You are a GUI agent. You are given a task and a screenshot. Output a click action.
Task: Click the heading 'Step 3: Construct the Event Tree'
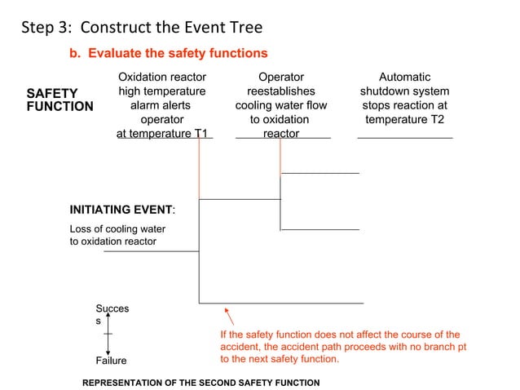coord(142,28)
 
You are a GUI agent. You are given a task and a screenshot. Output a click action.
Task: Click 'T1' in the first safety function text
coord(201,133)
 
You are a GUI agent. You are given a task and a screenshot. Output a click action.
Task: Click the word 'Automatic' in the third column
coord(405,78)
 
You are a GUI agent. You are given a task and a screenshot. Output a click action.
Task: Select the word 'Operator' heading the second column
coord(281,78)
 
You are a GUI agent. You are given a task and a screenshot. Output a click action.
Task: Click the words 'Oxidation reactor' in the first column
coord(162,78)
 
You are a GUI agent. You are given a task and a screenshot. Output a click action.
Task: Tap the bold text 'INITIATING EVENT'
coord(121,210)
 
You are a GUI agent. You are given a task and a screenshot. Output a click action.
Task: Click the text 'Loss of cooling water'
coord(117,229)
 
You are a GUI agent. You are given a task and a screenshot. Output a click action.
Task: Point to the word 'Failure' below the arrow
coord(112,361)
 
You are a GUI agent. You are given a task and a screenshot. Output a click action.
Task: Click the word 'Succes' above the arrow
coord(112,309)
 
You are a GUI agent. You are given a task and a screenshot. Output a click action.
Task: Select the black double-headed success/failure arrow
coord(108,335)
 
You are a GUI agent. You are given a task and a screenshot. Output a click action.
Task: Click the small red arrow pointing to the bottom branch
coord(229,316)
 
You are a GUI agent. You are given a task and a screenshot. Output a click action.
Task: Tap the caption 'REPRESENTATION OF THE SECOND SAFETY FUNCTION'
coord(202,383)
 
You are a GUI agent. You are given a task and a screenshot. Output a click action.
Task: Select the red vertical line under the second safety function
coord(280,155)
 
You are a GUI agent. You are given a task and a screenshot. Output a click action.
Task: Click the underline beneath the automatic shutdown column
coord(405,139)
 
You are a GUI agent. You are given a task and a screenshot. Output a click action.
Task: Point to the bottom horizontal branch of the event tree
coord(281,303)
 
